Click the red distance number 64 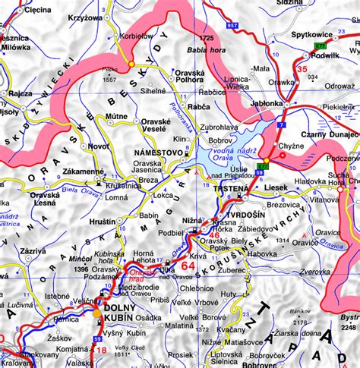tap(188, 267)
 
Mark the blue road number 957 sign tap(233, 27)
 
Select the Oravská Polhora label tap(190, 78)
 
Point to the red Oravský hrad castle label tap(144, 276)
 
